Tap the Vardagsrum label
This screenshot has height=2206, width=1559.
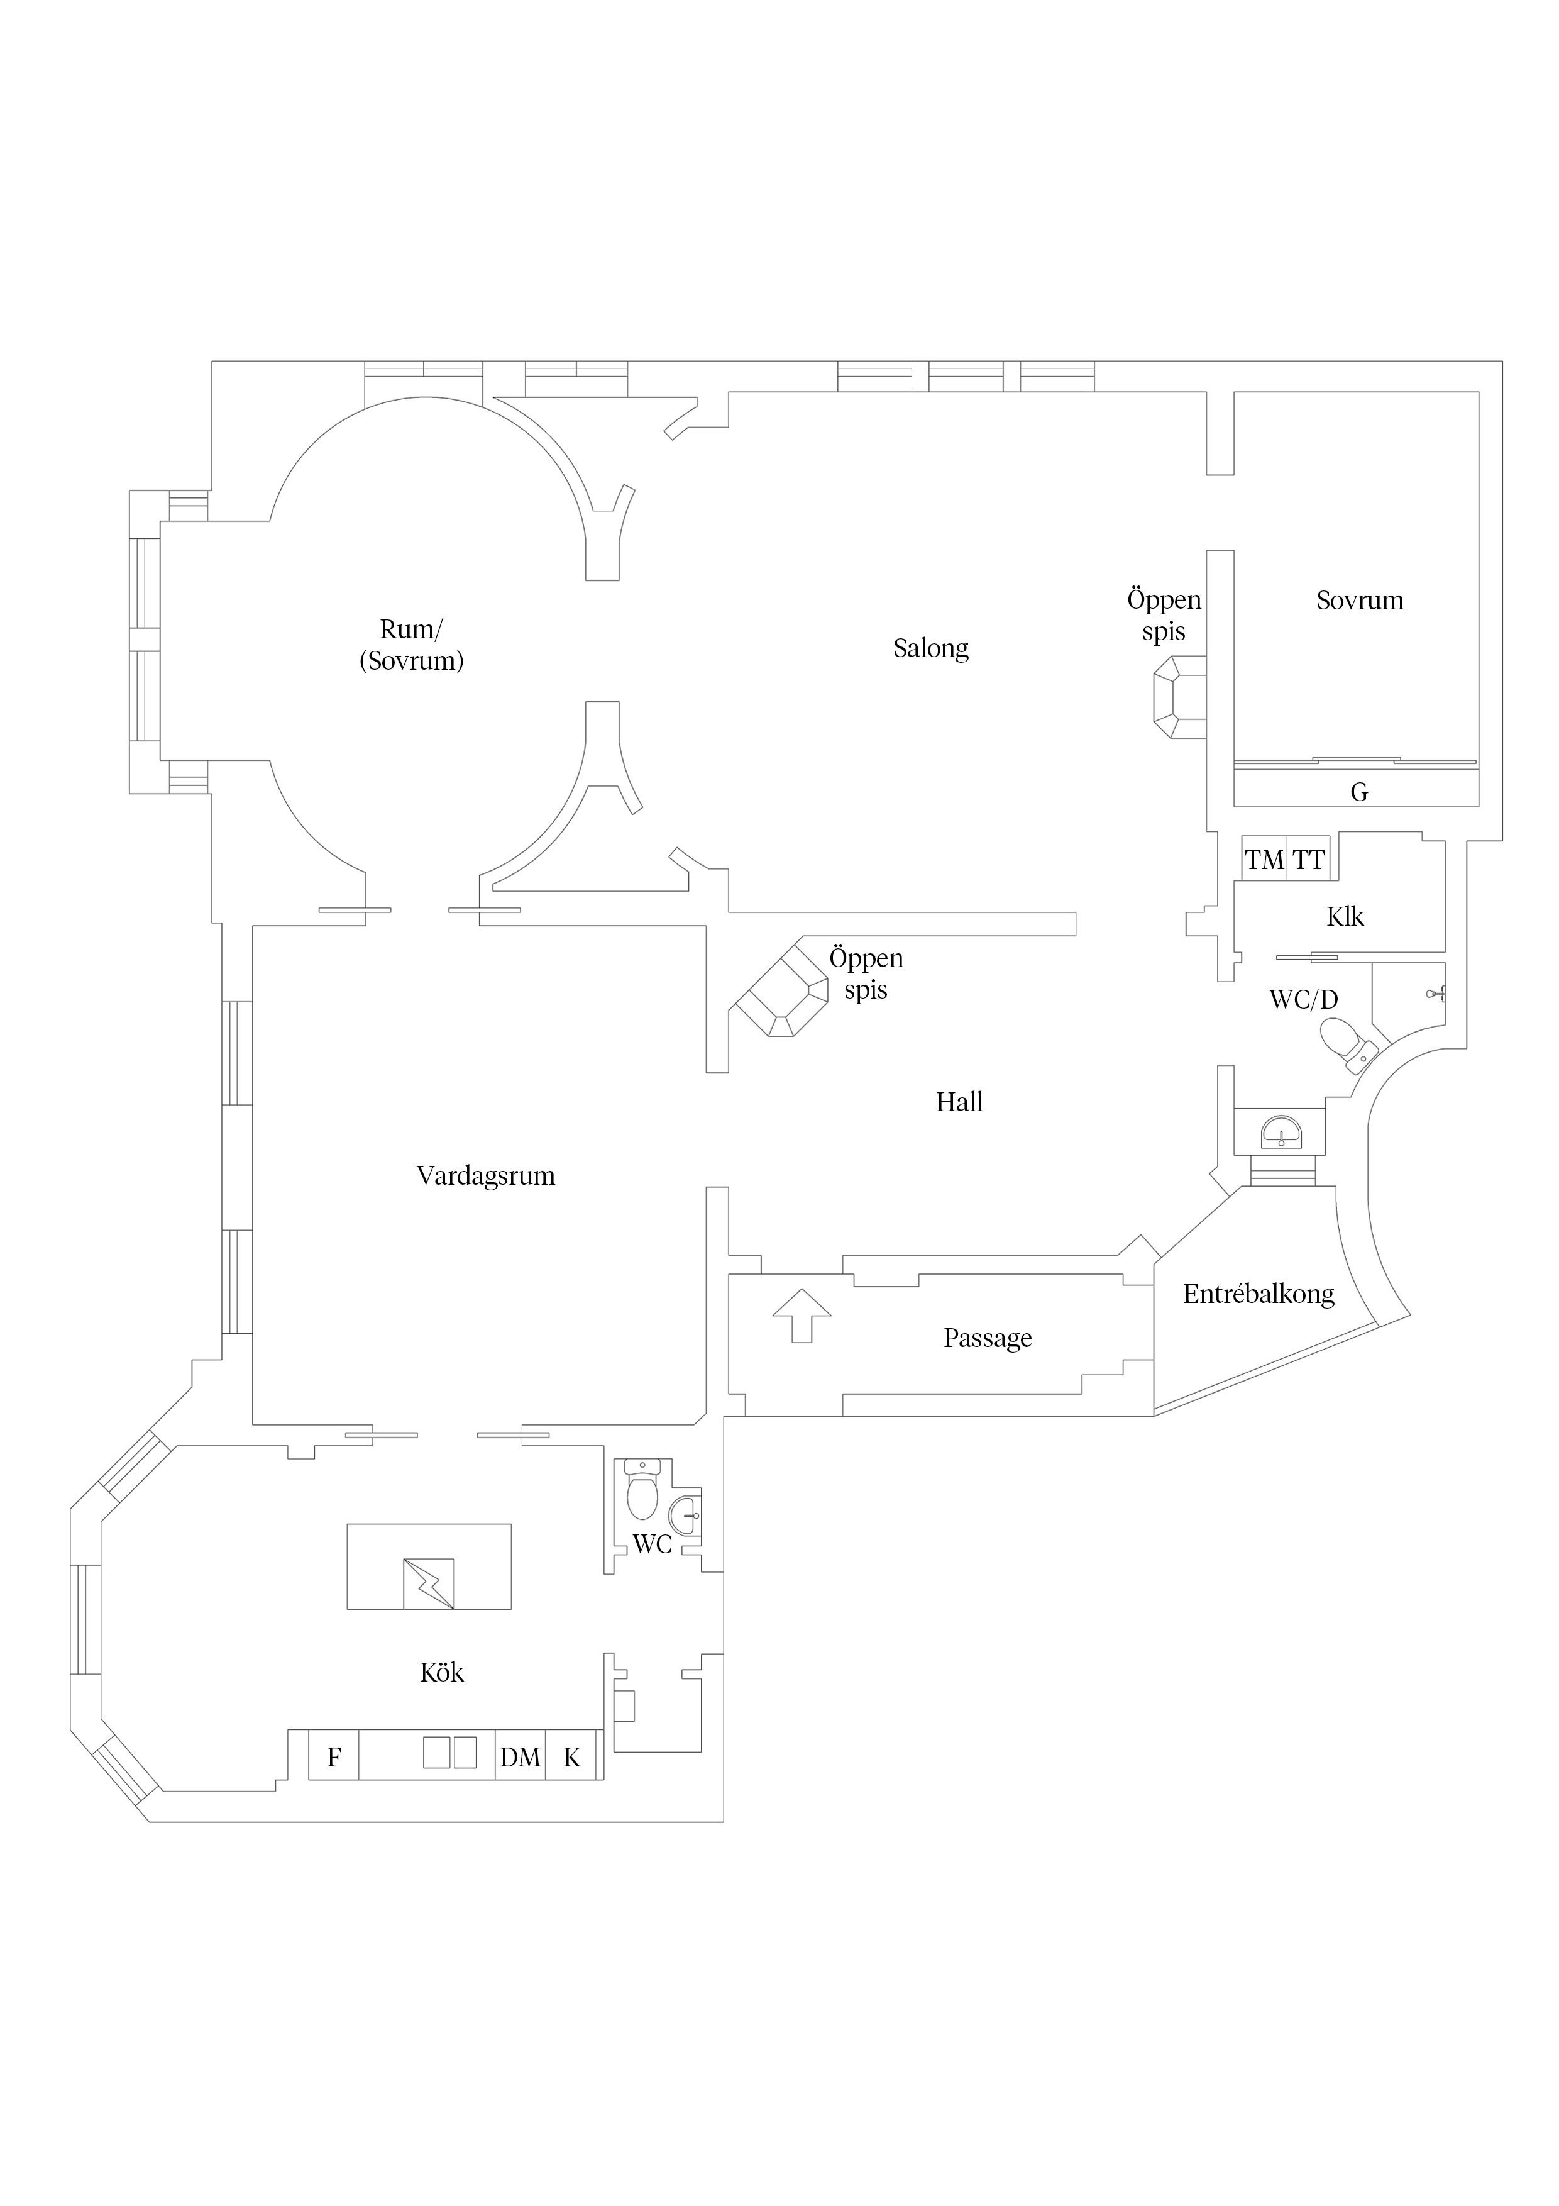pos(485,1176)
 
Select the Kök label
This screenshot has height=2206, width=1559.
pos(442,1672)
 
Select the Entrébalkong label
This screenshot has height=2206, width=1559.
pos(1259,1294)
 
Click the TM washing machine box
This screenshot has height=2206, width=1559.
pos(1264,859)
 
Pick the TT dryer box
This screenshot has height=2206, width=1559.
pos(1308,859)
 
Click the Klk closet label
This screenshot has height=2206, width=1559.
pos(1345,917)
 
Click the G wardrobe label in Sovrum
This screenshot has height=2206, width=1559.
pos(1358,792)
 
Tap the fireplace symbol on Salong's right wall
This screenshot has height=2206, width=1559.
pos(1179,697)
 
